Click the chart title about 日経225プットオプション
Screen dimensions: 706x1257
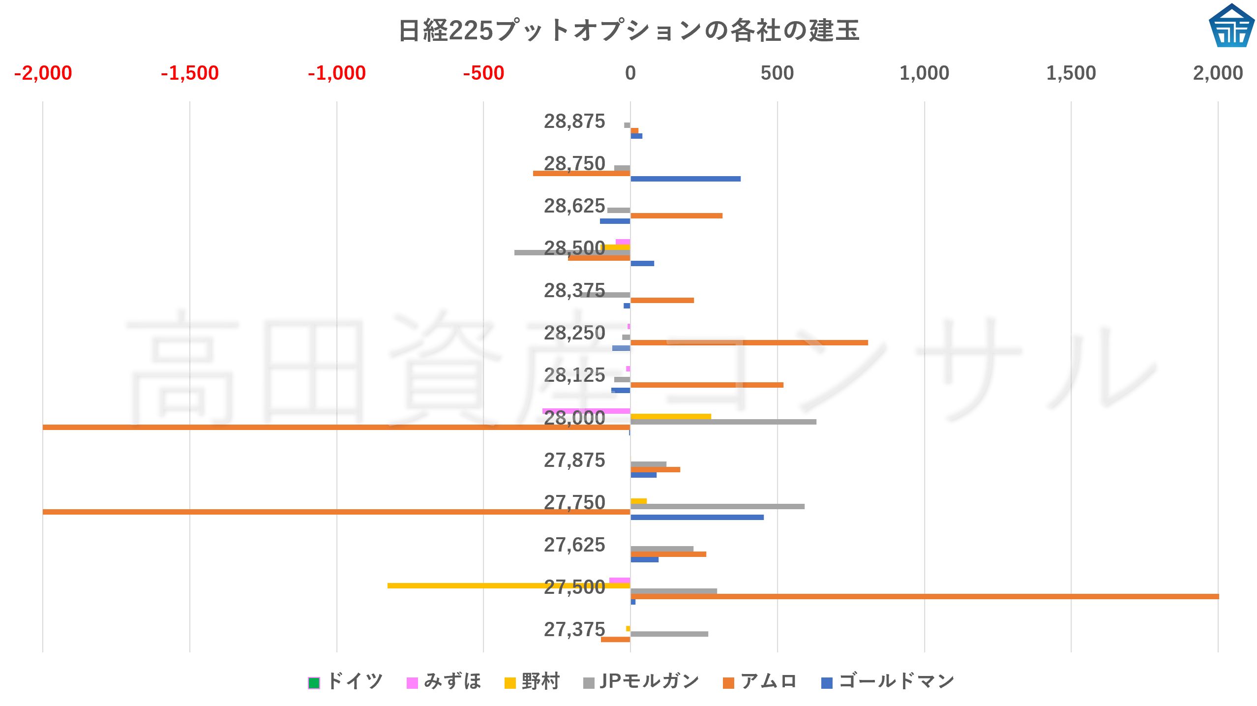pos(628,31)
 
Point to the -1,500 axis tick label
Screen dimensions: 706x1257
pos(189,73)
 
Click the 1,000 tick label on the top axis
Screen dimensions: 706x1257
pos(924,73)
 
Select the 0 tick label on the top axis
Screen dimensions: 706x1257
pos(630,73)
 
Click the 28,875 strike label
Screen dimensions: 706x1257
pos(574,121)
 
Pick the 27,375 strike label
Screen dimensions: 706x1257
pos(574,629)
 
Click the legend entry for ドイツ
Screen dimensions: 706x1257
pos(346,681)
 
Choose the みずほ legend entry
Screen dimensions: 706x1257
pos(444,681)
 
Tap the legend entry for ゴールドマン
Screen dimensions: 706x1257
pos(888,681)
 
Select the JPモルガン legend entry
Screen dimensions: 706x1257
pos(641,681)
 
